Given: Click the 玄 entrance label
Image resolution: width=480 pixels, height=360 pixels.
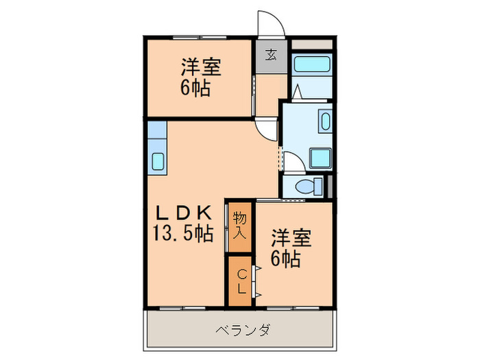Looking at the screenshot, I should pos(272,55).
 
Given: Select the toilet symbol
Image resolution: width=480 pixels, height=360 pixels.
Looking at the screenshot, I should pos(309,186).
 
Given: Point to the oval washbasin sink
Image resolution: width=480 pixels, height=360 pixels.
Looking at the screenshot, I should pos(325,123).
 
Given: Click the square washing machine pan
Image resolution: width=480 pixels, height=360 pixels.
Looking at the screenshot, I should pos(320,158).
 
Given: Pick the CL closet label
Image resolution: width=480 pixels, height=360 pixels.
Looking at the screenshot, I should pos(241,281).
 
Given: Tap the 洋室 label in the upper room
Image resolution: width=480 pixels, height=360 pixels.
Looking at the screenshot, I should pos(201,67).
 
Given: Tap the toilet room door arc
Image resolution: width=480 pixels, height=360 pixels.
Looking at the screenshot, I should pos(293,163).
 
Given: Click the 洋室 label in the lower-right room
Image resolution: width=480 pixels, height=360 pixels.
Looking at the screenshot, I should pos(291,238).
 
